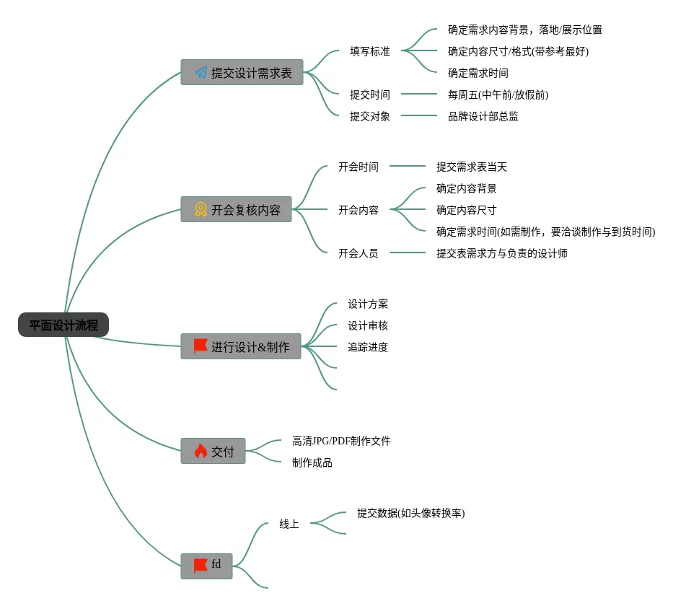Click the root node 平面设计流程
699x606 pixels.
(63, 325)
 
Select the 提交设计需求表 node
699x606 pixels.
(242, 73)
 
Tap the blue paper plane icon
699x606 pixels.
(201, 73)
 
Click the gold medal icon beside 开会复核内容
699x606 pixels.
(201, 209)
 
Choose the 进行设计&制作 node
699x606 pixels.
(241, 346)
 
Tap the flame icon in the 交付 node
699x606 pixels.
(201, 451)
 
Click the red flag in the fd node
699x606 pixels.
(200, 566)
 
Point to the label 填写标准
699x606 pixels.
(370, 51)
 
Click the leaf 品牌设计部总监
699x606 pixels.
(483, 116)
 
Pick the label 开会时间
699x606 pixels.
(359, 167)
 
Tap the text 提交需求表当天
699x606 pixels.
(472, 167)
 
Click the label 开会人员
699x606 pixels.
(359, 253)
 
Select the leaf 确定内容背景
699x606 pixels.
(466, 188)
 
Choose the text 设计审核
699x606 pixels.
(368, 325)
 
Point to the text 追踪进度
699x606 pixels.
(368, 347)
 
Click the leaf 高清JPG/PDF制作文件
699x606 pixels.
(341, 441)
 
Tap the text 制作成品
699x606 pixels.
(312, 462)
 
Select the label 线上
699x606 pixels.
(289, 524)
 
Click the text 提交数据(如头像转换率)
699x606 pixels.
(410, 513)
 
